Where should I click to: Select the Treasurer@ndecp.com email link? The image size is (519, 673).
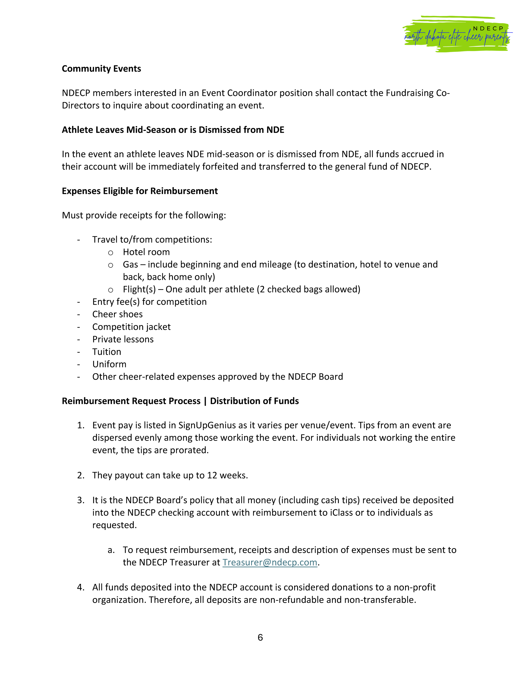point(270,562)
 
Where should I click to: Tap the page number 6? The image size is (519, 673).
point(260,637)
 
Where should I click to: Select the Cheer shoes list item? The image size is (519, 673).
point(118,314)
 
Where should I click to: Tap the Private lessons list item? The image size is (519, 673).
point(123,339)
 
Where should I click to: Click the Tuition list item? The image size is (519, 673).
point(107,352)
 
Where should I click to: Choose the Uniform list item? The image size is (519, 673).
point(109,364)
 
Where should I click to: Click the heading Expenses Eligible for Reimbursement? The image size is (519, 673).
point(140,191)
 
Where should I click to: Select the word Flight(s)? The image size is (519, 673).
point(139,289)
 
